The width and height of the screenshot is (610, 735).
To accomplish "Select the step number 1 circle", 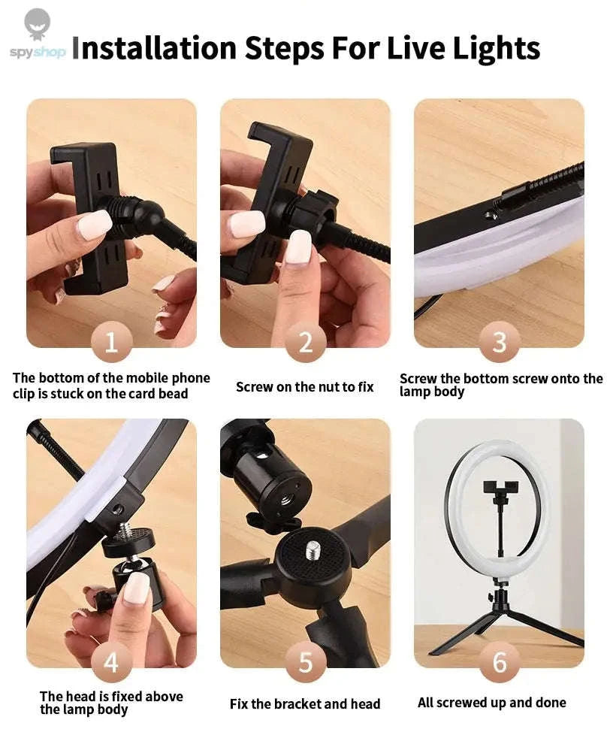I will click(x=111, y=343).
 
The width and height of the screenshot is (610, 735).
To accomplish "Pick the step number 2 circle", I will click(x=305, y=343).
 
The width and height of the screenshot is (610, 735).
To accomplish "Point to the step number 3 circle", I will click(x=499, y=343).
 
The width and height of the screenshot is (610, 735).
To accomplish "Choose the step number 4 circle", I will click(x=111, y=663).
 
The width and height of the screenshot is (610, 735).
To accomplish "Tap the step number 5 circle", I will click(x=305, y=663).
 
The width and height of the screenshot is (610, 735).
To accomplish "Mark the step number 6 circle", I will click(x=499, y=663).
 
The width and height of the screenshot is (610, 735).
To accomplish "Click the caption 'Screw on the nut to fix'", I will click(x=304, y=387).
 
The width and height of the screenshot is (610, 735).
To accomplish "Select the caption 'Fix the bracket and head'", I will click(x=305, y=704).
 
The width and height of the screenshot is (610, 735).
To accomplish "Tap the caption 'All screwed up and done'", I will click(x=492, y=703).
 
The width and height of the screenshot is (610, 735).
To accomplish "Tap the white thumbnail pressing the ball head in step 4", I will click(x=137, y=588).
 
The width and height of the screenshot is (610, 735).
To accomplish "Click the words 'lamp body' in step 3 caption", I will click(x=432, y=392).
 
